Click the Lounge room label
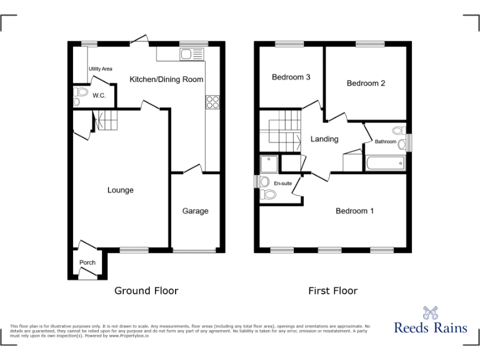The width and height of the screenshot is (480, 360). (120, 190)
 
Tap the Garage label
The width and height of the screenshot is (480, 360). (195, 211)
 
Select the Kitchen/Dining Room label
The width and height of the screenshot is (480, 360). (166, 79)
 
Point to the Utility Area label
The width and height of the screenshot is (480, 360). (100, 69)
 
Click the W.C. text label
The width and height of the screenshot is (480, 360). (99, 96)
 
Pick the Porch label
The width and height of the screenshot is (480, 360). (87, 262)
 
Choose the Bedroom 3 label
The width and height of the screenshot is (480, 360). (291, 77)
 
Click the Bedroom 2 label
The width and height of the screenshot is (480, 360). (366, 83)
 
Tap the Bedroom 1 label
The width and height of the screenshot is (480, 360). (355, 211)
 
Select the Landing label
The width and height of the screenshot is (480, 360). (324, 139)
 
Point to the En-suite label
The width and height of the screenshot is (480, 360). (283, 183)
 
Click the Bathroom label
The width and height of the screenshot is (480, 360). (385, 142)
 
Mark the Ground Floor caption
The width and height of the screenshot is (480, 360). (146, 291)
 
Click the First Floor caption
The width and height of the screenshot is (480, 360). (332, 291)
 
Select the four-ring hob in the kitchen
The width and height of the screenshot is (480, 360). (212, 101)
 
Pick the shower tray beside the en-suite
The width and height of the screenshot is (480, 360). (269, 163)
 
